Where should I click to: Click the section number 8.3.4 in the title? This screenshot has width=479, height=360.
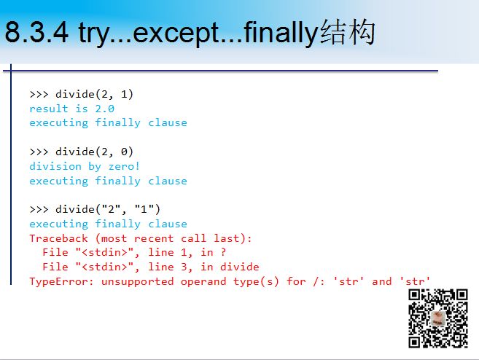(x=36, y=32)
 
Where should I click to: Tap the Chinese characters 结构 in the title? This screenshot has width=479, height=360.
(x=348, y=32)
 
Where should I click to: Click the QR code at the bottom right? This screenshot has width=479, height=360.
(x=438, y=318)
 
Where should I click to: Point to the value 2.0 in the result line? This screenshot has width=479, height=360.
(x=105, y=109)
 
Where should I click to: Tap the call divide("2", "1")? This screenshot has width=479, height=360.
(x=108, y=209)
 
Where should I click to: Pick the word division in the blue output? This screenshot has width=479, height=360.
(x=55, y=166)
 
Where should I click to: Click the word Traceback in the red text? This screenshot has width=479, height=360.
(x=58, y=238)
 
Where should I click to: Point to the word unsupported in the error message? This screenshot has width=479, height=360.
(x=138, y=282)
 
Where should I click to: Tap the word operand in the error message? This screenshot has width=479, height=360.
(x=203, y=282)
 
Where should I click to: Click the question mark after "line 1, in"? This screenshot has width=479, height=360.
(x=223, y=252)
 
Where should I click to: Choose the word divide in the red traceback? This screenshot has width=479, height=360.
(x=239, y=267)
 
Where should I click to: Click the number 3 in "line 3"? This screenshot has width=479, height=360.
(x=184, y=267)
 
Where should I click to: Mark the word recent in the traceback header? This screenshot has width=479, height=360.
(x=154, y=238)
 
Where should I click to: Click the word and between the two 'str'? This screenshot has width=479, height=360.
(x=381, y=281)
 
